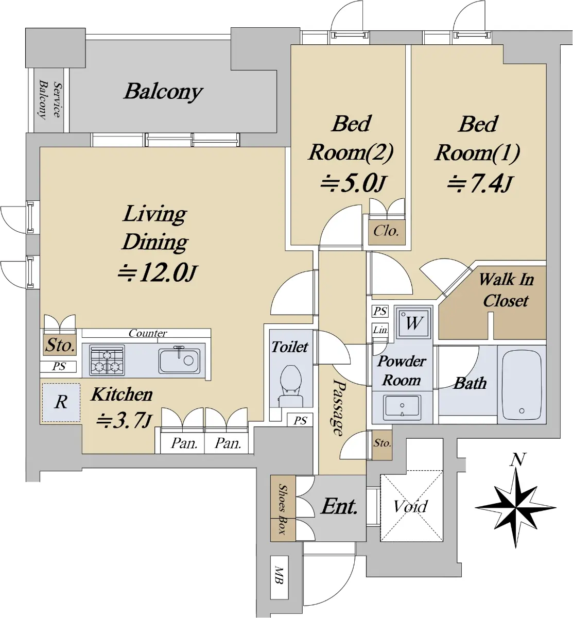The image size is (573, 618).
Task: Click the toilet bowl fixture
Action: [x=291, y=386]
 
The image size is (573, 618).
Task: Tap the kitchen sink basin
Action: [x=179, y=360]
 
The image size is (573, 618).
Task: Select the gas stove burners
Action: [x=107, y=360]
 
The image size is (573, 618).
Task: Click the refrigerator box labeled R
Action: [x=61, y=402]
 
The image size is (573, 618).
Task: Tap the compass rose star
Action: [x=515, y=508]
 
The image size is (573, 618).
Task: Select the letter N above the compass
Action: [x=517, y=459]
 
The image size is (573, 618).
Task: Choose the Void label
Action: [x=410, y=507]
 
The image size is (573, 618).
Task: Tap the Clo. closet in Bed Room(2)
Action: [x=387, y=232]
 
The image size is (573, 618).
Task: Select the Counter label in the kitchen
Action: [x=148, y=333]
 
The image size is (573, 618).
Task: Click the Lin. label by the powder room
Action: [x=380, y=329]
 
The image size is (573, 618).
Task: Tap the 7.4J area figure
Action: [x=479, y=184]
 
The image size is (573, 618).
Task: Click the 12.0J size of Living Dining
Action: [x=157, y=272]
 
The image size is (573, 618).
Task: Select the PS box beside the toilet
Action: [x=300, y=420]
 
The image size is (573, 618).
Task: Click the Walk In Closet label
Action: [x=506, y=290]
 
